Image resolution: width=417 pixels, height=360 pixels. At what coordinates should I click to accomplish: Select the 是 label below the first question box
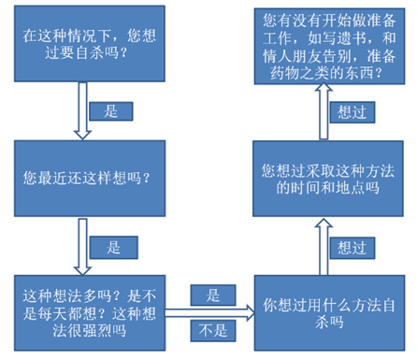coord(109,110)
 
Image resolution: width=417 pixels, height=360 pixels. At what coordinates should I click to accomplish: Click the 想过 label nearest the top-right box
coord(346,110)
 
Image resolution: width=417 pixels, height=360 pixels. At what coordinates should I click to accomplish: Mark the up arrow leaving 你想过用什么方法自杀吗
coord(318,246)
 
